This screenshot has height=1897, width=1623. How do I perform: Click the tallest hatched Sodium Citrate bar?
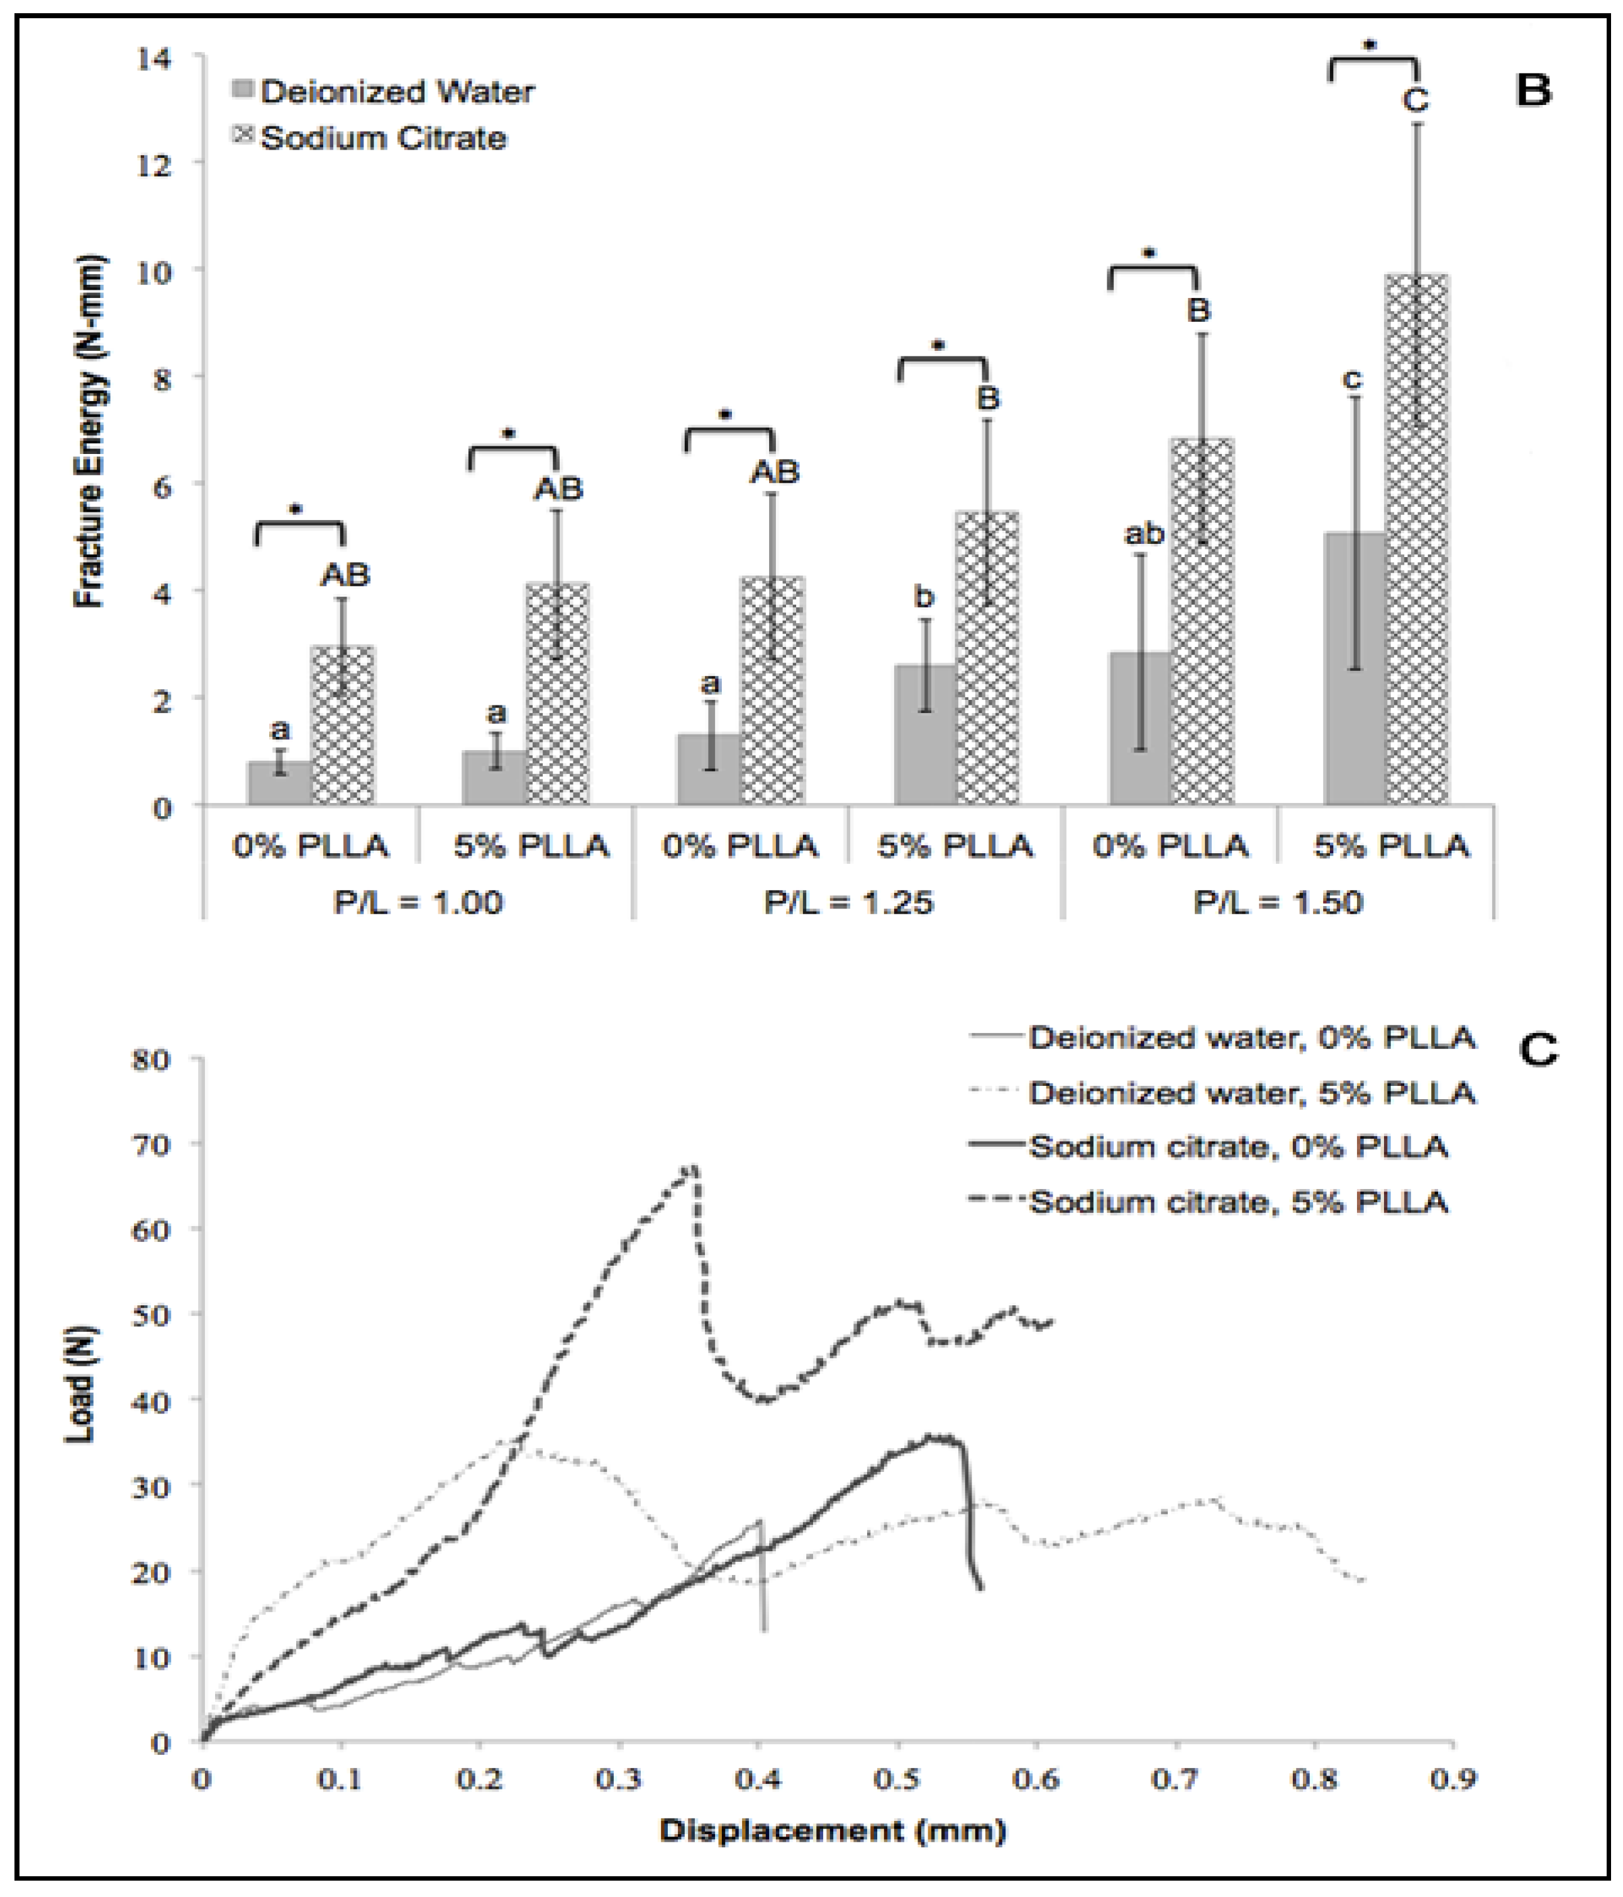(1416, 540)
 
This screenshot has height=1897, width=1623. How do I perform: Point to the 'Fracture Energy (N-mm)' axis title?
(90, 430)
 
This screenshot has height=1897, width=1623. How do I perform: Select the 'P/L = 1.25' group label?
(848, 903)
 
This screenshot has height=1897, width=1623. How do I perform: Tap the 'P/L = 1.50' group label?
(1278, 903)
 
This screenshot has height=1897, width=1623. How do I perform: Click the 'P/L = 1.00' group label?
(418, 903)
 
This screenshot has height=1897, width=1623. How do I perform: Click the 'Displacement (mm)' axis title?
(833, 1830)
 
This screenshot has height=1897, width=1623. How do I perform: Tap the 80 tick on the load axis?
(152, 1060)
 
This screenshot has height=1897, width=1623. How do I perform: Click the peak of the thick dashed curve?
(694, 1169)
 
